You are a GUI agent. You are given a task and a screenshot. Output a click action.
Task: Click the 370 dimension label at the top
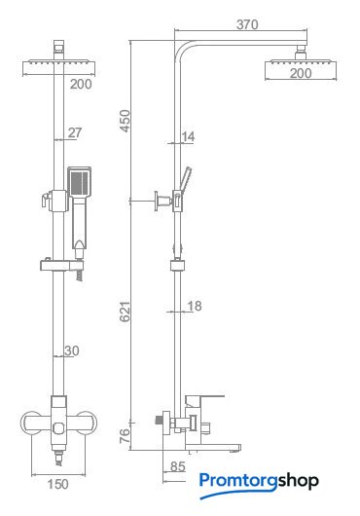point(247,24)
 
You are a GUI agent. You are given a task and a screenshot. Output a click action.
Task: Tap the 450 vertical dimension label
point(126,121)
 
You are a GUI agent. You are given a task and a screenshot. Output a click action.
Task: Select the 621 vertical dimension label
point(125,312)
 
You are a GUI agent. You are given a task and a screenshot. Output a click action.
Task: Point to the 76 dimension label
point(125,436)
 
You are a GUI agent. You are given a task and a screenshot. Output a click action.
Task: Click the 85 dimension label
point(177,466)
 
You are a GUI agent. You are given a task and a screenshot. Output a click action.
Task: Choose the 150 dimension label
point(57,484)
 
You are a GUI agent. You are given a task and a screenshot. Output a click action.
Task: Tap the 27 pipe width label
point(75,132)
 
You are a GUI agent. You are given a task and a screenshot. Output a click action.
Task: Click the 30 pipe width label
point(72,350)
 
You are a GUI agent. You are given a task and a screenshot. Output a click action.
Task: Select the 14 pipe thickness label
point(188,136)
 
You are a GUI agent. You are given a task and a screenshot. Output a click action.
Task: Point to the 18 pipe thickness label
point(195,306)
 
